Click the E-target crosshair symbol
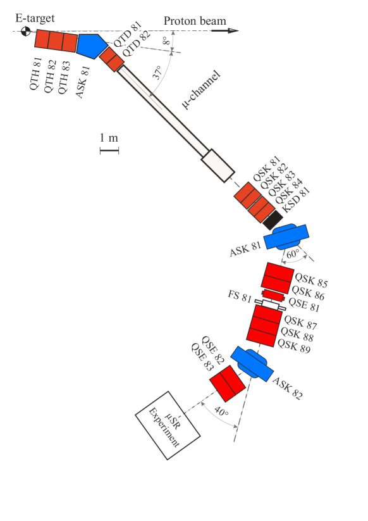(x=26, y=31)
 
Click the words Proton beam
(x=194, y=21)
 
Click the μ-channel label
(x=202, y=89)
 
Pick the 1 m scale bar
(x=109, y=151)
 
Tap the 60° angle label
(x=292, y=254)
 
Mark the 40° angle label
(x=221, y=411)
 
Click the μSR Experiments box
(x=168, y=425)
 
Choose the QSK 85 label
(x=311, y=279)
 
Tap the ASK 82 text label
(x=288, y=387)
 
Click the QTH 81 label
(x=37, y=74)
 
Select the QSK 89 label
(x=294, y=345)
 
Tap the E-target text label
(x=35, y=19)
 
